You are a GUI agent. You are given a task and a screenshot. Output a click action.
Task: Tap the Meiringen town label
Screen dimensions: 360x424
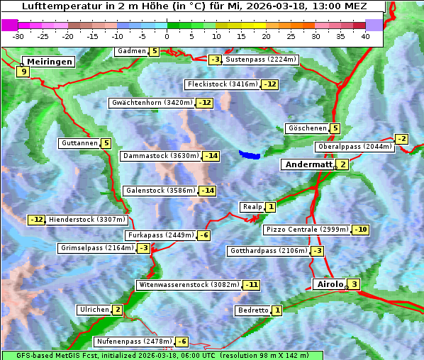pos(48,62)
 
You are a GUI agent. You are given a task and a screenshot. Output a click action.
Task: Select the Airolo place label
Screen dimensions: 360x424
pos(330,284)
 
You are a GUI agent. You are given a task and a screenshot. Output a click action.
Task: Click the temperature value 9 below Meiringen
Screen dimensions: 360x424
pos(23,72)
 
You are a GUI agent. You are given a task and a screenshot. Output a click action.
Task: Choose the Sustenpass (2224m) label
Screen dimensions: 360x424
pos(260,60)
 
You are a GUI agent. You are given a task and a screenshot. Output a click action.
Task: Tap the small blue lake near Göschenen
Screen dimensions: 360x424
pos(250,154)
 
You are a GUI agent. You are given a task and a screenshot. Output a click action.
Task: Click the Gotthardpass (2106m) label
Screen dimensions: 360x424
pos(268,251)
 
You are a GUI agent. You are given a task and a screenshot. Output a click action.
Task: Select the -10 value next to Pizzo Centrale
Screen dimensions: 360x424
pos(361,230)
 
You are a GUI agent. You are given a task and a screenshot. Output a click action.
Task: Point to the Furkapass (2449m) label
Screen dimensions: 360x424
pos(160,235)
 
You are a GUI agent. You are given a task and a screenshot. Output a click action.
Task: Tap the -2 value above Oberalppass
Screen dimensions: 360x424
pos(402,139)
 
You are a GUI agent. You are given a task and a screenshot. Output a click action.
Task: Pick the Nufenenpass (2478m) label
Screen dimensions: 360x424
pos(134,342)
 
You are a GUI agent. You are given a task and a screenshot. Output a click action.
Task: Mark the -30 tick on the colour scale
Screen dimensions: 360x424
pos(18,36)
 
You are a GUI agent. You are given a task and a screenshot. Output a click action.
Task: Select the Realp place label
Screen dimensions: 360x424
pos(252,207)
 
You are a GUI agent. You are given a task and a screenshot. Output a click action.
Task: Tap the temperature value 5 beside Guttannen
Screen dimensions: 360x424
pos(106,143)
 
